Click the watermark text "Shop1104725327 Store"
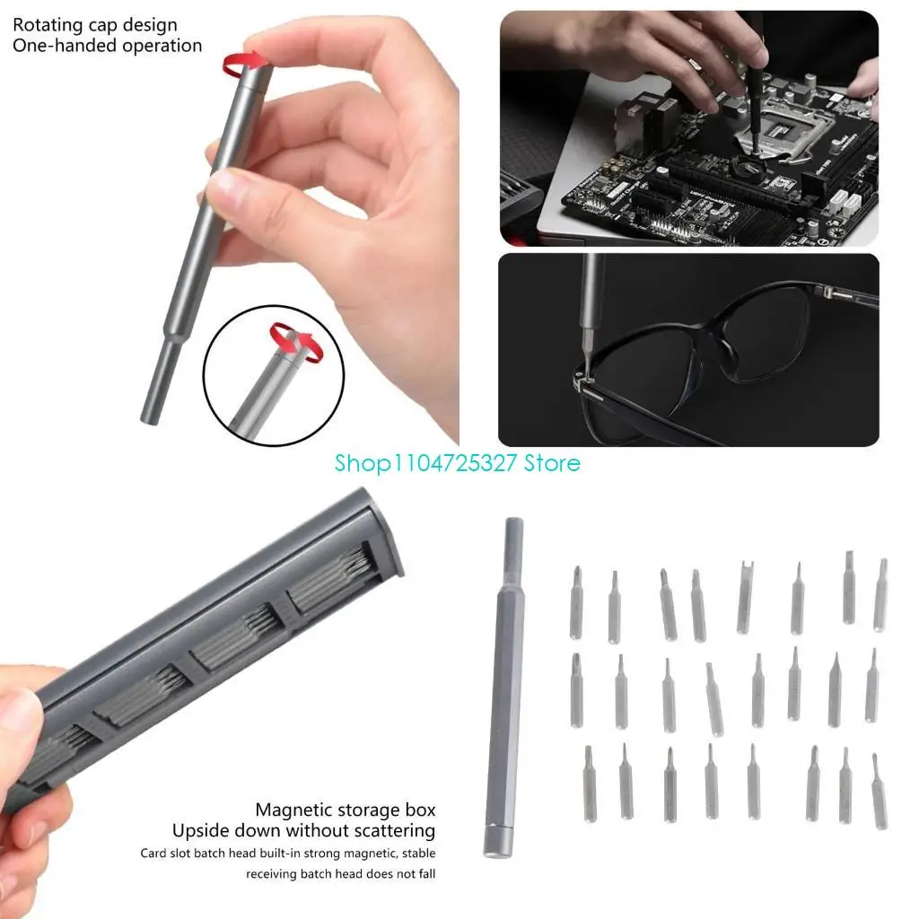click(458, 463)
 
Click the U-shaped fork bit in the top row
click(745, 596)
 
